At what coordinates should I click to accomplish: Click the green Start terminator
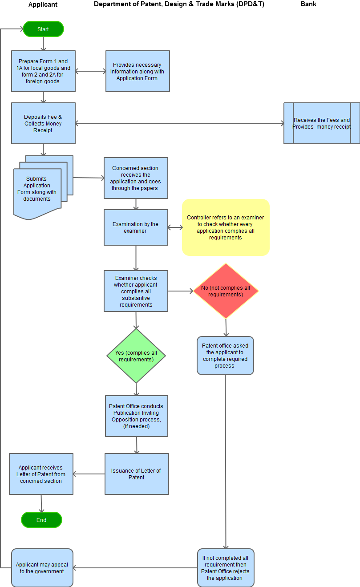click(43, 29)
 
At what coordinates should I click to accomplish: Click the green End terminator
click(41, 520)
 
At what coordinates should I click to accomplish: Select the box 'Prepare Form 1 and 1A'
click(43, 71)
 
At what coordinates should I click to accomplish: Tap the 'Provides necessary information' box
click(138, 71)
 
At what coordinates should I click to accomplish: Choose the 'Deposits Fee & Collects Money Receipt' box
click(43, 123)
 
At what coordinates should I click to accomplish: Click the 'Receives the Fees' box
click(322, 123)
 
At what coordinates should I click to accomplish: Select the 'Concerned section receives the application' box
click(136, 178)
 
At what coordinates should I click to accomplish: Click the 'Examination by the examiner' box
click(136, 227)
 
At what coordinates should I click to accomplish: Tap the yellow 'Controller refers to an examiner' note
click(226, 227)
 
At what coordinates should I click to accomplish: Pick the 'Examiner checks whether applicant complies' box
click(136, 291)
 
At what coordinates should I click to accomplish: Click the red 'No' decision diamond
click(226, 291)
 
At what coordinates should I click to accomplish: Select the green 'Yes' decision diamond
click(136, 356)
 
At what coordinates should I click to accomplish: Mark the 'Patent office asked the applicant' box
click(225, 356)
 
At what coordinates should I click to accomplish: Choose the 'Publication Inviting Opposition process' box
click(137, 416)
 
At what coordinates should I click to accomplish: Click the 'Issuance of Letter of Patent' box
click(137, 474)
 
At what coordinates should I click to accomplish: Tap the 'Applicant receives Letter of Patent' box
click(41, 474)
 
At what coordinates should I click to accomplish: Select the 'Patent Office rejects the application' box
click(226, 568)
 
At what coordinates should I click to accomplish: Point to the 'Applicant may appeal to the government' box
click(42, 568)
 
